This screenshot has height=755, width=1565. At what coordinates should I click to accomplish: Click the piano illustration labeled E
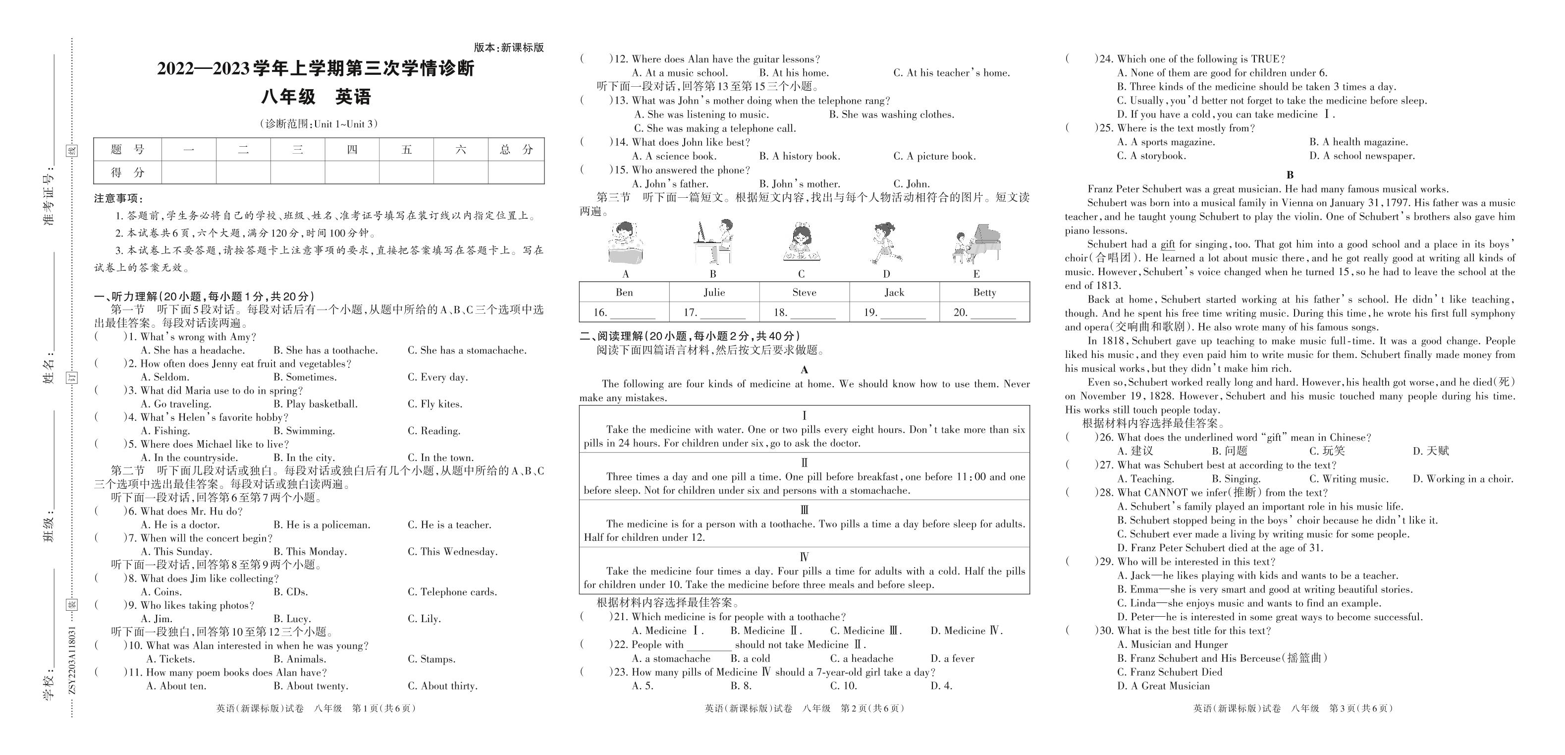976,244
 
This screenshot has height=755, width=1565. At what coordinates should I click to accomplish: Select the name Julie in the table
714,292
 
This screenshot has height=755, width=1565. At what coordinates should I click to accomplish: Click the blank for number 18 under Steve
812,312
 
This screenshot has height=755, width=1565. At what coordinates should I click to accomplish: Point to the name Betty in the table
984,292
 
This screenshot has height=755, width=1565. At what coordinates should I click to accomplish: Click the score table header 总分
516,150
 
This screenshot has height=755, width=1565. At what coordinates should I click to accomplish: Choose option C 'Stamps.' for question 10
432,659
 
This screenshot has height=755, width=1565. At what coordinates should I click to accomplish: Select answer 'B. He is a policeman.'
322,524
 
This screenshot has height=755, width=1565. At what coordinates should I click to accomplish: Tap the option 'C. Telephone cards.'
452,591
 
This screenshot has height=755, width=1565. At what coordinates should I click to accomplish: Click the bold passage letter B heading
1290,175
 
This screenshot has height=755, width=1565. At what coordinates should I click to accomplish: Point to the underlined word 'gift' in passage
1167,244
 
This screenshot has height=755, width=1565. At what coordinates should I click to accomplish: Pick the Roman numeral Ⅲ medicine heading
805,510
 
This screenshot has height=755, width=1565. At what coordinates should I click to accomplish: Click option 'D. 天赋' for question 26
1431,451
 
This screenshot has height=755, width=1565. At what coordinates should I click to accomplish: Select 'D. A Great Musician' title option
1163,686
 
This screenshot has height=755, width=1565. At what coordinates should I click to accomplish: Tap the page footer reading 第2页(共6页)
872,708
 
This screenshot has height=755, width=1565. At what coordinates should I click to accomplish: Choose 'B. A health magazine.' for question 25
1358,142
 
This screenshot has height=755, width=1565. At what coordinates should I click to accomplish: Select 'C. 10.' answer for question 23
843,686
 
